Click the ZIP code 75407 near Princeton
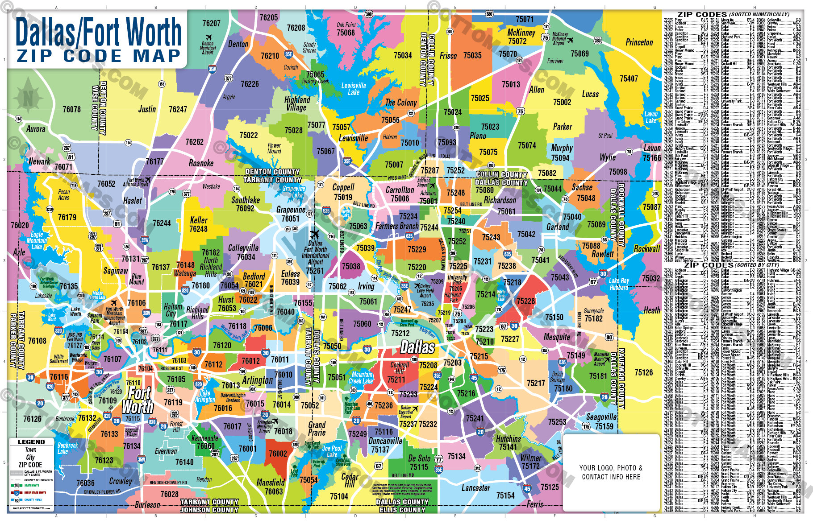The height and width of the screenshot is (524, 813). (x=629, y=78)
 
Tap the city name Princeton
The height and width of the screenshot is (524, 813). (x=639, y=42)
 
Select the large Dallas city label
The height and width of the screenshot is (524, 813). (x=417, y=347)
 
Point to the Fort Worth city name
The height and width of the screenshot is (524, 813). (x=138, y=400)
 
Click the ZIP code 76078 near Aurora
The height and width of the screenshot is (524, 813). (x=71, y=109)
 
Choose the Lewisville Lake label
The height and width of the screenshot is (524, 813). (x=354, y=89)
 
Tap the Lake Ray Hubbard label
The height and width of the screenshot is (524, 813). (x=619, y=284)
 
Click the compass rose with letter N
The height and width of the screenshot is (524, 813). (x=28, y=98)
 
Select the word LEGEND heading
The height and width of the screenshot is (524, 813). (x=31, y=442)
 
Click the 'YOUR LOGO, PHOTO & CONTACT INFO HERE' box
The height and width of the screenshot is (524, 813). (x=611, y=472)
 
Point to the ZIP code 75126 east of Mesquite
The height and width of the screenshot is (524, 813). (x=643, y=372)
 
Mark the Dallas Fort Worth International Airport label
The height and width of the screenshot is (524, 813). (x=315, y=253)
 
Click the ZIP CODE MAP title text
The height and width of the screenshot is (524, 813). (x=99, y=56)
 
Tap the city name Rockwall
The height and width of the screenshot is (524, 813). (x=646, y=248)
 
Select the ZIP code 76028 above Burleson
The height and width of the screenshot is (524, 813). (x=169, y=494)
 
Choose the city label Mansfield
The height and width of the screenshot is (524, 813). (x=271, y=482)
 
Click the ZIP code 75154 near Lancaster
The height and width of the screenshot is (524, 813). (x=505, y=495)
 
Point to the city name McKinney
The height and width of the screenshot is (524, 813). (x=521, y=33)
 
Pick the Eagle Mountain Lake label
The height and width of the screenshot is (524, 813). (x=37, y=240)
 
